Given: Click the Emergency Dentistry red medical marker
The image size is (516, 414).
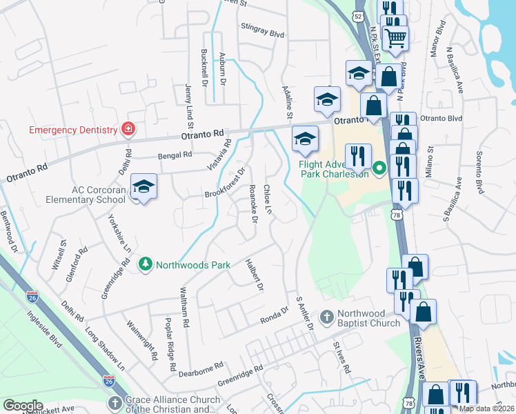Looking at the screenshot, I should (x=128, y=128).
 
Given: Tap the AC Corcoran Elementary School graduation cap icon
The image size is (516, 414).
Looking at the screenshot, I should (x=143, y=186).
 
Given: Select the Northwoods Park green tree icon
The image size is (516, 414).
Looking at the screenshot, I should (x=145, y=264).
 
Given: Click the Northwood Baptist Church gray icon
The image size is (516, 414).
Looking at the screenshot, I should (x=327, y=318).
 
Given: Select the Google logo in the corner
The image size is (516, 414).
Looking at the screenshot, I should (x=23, y=406).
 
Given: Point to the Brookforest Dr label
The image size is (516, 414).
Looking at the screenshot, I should (x=225, y=184).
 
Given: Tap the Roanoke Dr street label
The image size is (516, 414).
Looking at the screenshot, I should (x=252, y=204).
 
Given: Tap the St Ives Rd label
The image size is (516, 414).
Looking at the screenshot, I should (x=342, y=356).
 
